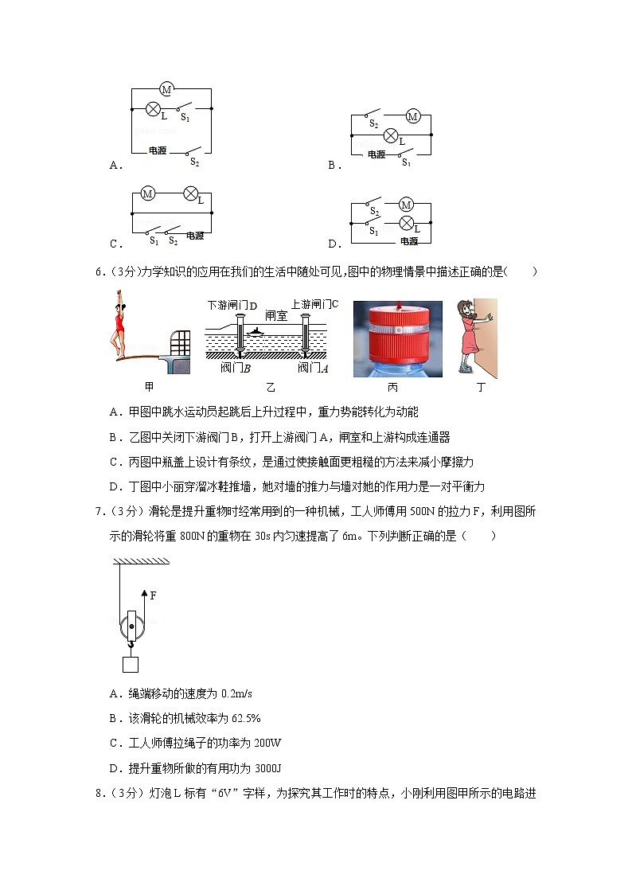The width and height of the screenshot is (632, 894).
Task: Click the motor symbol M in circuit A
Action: point(166,90)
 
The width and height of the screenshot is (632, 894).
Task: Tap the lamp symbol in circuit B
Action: point(391,135)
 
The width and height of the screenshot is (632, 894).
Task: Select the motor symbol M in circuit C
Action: point(147,193)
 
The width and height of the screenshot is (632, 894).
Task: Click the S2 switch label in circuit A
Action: point(194,162)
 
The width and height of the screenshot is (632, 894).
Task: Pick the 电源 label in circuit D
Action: point(408,241)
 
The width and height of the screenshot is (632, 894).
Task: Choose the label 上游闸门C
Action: point(315,303)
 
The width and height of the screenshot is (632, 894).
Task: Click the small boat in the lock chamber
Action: point(258,330)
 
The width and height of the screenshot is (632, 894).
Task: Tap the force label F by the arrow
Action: point(153,595)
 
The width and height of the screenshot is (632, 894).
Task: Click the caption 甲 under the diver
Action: point(149,387)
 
